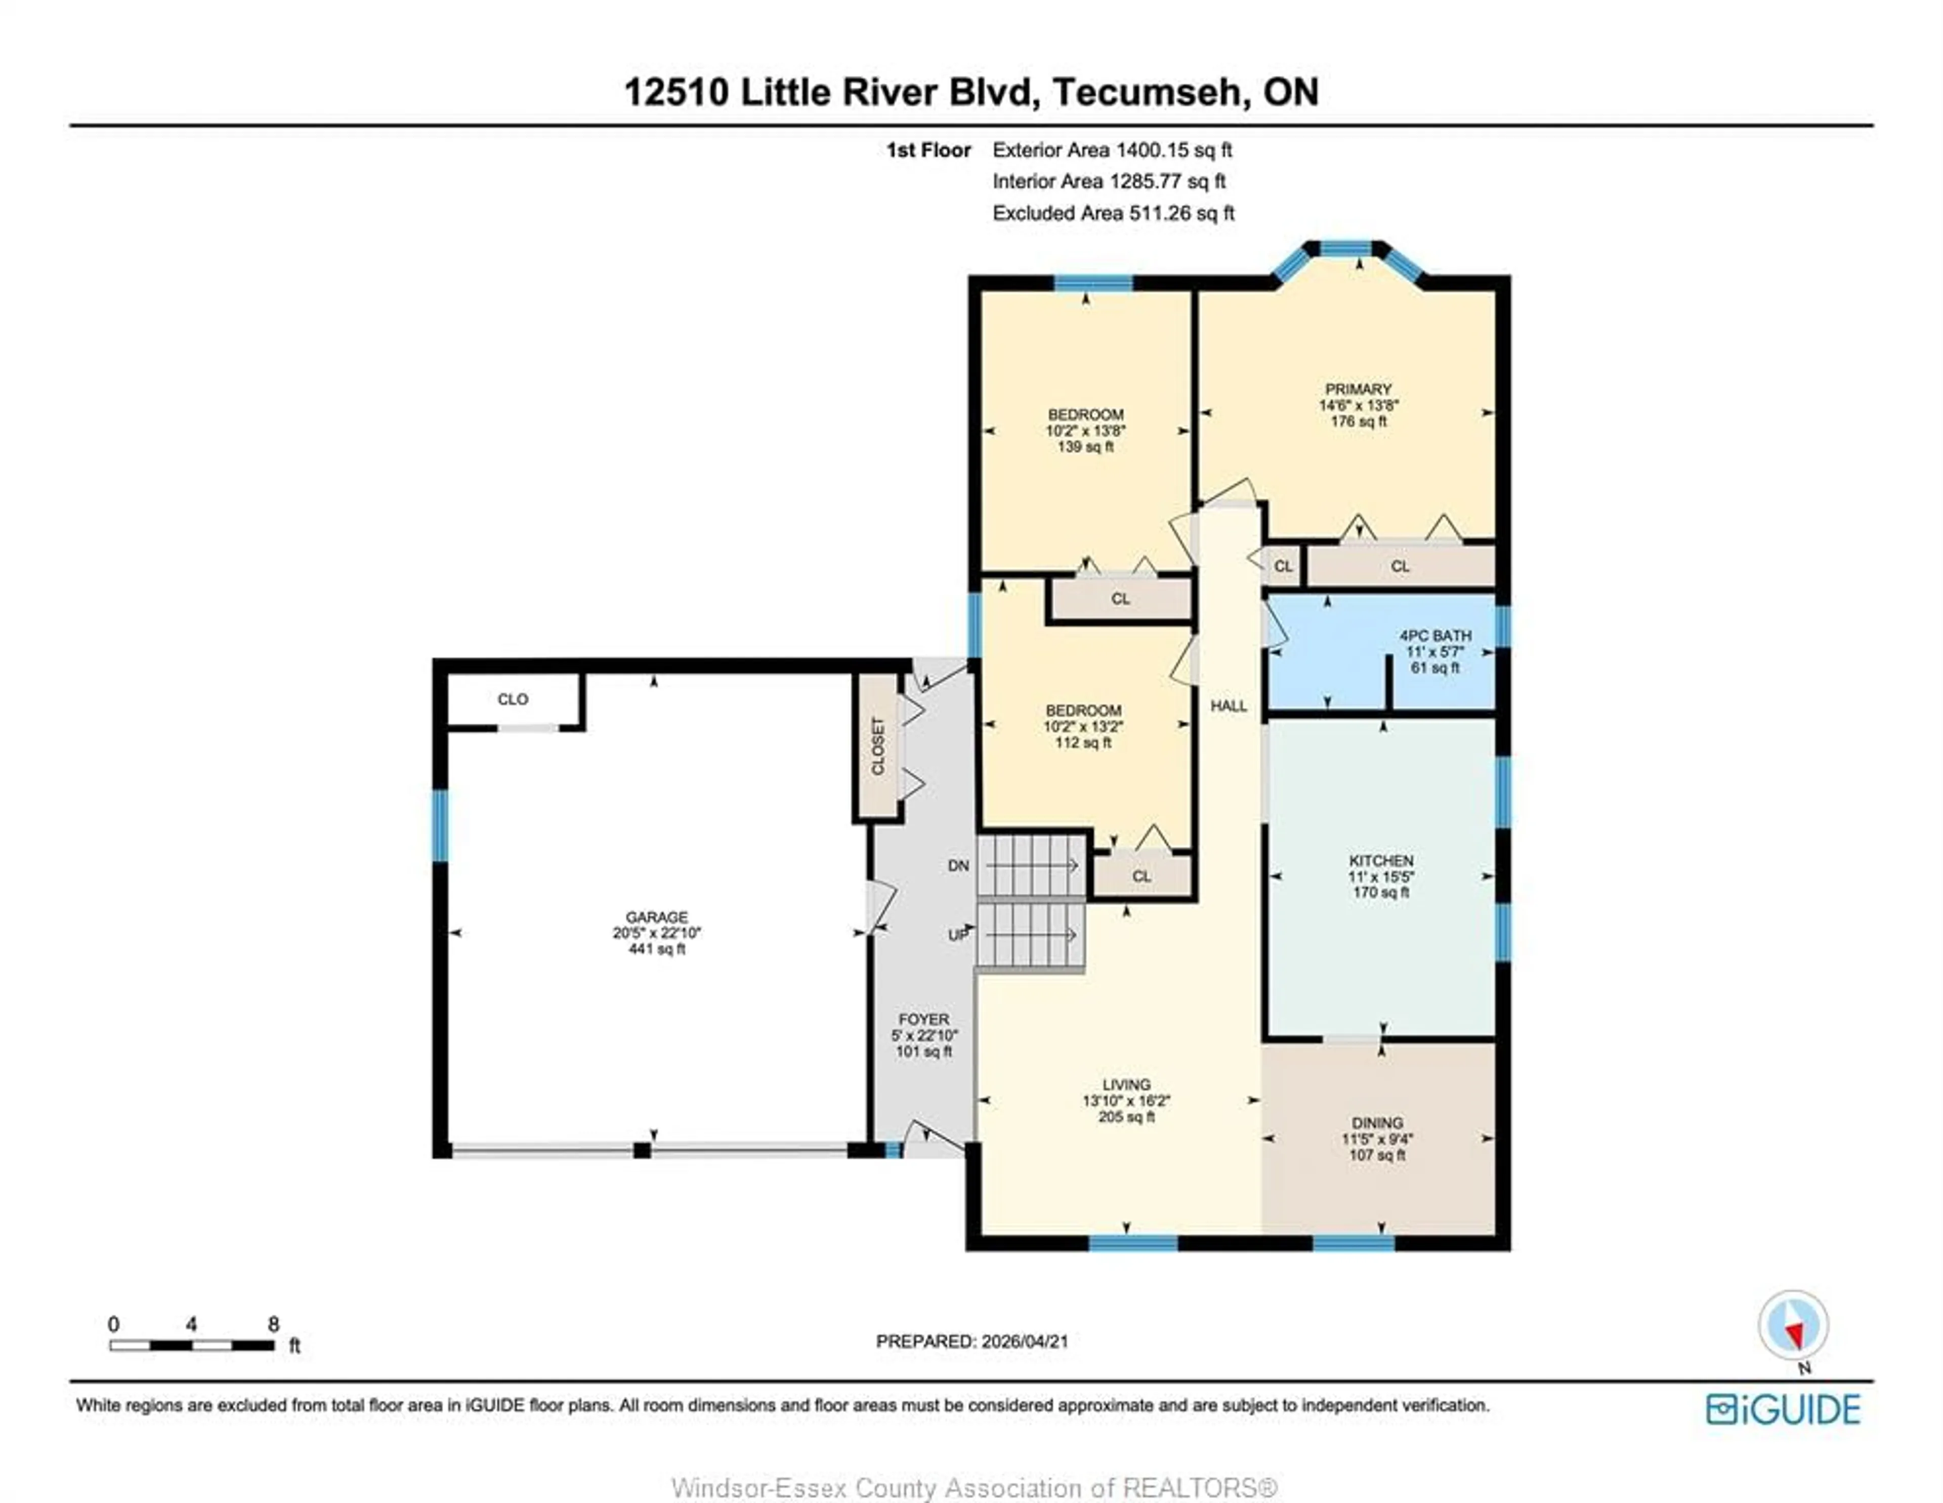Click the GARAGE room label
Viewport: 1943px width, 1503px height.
(657, 916)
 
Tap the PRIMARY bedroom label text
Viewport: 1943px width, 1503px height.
(1358, 389)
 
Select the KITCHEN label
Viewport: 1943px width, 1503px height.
(1381, 860)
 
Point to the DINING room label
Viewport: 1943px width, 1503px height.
(1377, 1123)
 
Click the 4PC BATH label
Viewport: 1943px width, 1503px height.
(1435, 636)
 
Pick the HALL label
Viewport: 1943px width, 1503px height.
(1229, 705)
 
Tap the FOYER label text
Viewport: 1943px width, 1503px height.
(923, 1019)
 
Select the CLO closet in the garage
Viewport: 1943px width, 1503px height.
(513, 699)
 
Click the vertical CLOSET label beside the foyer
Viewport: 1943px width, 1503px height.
(878, 746)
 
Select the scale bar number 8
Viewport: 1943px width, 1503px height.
(273, 1324)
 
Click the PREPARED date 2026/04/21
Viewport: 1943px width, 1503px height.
(1025, 1341)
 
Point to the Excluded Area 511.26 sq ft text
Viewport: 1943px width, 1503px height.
(1113, 214)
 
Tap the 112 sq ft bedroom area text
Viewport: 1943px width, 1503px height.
(1083, 742)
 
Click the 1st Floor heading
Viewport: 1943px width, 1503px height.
(928, 150)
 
